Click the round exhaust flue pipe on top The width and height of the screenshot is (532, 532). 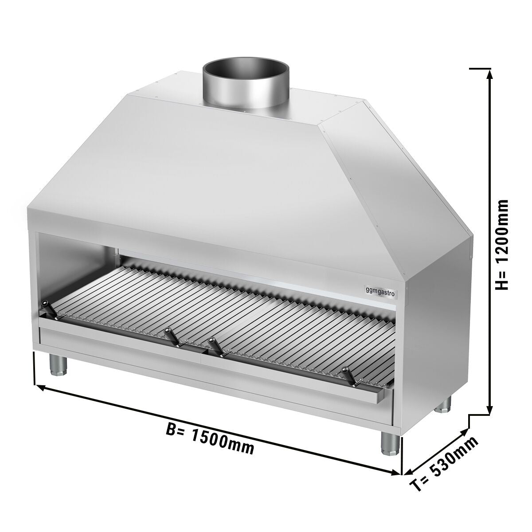click(x=246, y=89)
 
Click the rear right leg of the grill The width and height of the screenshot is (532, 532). click(x=445, y=404)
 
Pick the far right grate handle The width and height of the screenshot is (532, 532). click(x=348, y=375)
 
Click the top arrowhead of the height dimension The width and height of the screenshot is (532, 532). click(x=489, y=74)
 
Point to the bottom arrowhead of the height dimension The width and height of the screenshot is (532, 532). click(x=489, y=411)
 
